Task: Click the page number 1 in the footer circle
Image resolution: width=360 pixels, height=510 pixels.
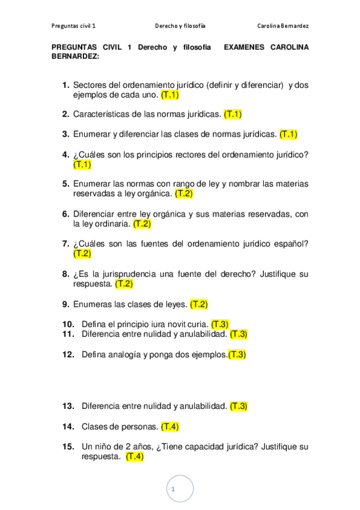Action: click(x=173, y=490)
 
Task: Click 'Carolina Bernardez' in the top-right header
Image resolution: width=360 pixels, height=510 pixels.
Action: click(x=283, y=26)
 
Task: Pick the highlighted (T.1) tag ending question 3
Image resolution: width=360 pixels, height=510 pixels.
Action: click(x=288, y=134)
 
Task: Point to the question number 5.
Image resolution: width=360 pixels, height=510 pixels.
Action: click(x=66, y=184)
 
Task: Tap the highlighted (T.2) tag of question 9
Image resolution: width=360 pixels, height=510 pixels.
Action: click(x=199, y=304)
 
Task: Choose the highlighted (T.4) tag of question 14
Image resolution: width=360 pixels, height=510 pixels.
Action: click(x=170, y=426)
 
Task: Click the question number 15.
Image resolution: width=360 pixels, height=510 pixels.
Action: click(x=67, y=447)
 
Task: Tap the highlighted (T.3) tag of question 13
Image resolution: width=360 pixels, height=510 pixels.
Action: click(x=239, y=406)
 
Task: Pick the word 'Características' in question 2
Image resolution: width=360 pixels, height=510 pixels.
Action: click(x=101, y=114)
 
